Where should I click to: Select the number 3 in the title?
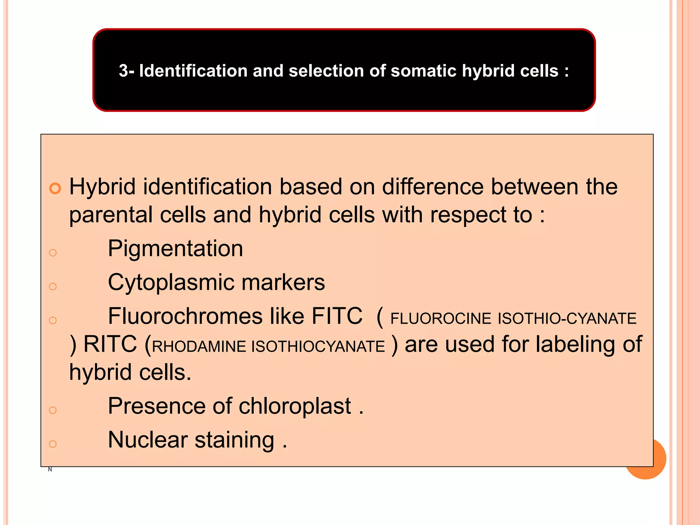pos(123,71)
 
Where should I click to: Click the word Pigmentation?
pos(175,248)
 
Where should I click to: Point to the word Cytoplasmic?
pos(171,282)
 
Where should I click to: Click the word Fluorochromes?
pos(185,316)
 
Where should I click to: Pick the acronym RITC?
pos(110,344)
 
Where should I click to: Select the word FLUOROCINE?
pos(441,319)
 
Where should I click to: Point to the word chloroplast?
pos(295,406)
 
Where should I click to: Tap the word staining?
pos(234,440)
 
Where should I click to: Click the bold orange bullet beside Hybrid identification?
pos(55,188)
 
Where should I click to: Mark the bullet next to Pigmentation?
pos(53,253)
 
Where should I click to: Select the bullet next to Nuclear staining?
pos(53,444)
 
